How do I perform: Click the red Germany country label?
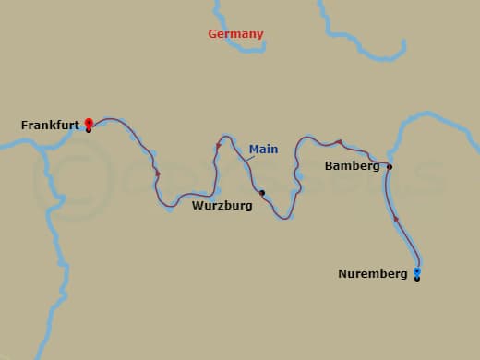[235, 34]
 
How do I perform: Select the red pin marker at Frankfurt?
[89, 122]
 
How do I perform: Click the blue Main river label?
[263, 149]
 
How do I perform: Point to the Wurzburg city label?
[222, 206]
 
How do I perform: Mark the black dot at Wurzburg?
[262, 193]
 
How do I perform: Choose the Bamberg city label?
[353, 166]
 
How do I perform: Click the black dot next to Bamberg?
[390, 167]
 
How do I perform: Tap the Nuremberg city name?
[373, 274]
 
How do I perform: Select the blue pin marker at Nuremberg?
[417, 270]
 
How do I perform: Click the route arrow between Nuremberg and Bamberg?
[396, 219]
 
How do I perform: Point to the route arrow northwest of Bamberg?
[340, 142]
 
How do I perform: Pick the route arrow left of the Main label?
[219, 146]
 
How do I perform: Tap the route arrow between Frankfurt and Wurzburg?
[158, 174]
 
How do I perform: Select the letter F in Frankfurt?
[24, 125]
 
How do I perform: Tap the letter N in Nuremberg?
[342, 274]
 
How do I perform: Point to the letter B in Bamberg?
[330, 166]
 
